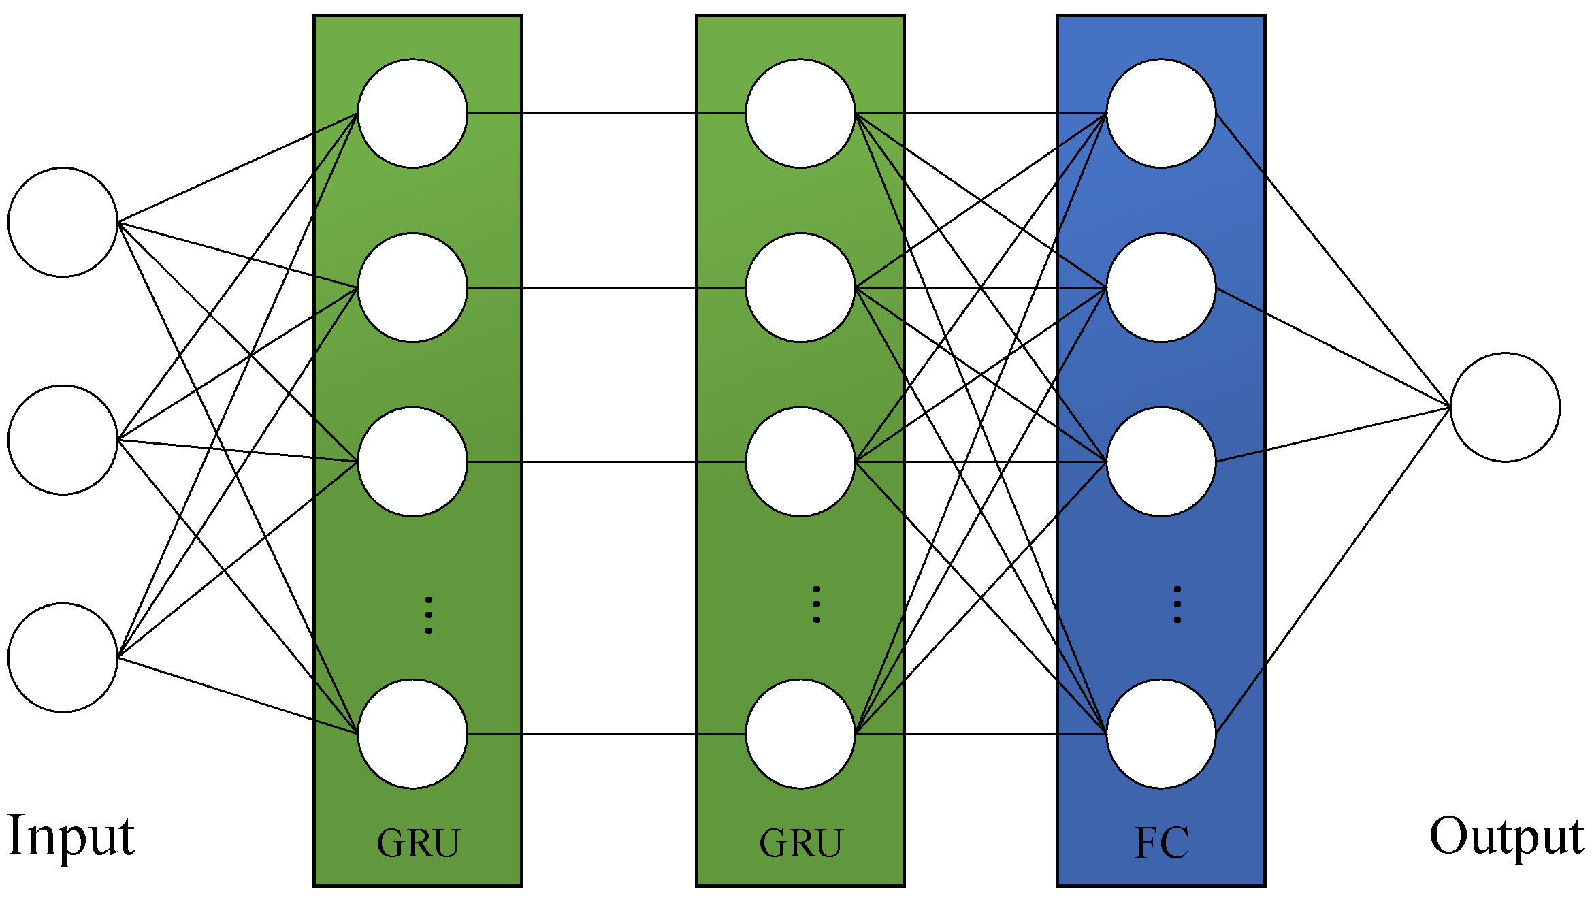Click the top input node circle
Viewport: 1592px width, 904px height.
coord(63,222)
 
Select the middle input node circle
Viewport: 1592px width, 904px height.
coord(63,440)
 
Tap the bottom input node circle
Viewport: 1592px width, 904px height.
coord(63,658)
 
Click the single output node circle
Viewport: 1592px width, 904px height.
coord(1505,407)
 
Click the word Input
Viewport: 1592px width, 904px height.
coord(71,836)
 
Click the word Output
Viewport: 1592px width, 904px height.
coord(1506,836)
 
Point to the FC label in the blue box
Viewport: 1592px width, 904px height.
coord(1161,843)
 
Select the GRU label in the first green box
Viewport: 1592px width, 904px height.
coord(418,843)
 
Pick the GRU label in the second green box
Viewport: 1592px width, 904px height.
coord(800,843)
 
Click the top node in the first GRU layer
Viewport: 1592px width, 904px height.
coord(412,113)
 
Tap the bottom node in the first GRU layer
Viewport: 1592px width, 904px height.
coord(412,734)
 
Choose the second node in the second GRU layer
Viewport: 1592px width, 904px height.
coord(800,287)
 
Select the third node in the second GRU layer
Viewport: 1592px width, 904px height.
coord(800,462)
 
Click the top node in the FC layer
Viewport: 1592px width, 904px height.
coord(1161,113)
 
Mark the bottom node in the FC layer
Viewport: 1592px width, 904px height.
coord(1161,734)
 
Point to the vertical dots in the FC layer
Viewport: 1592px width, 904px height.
coord(1177,604)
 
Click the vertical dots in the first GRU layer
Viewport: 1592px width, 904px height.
coord(429,615)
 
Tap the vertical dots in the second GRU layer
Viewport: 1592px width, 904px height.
coord(817,604)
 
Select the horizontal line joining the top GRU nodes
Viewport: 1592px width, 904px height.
coord(606,113)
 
